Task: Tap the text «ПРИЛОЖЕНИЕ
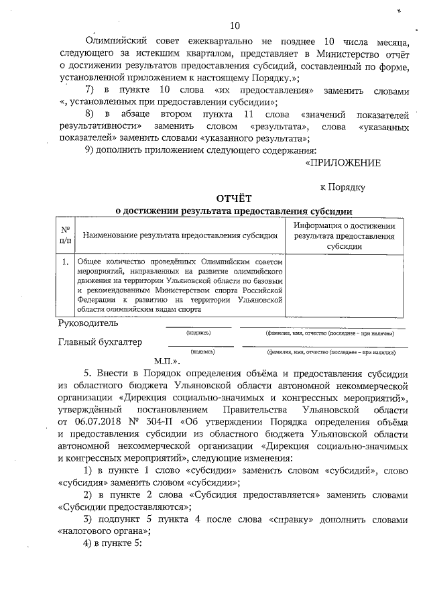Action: [x=343, y=162]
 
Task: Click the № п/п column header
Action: [x=65, y=234]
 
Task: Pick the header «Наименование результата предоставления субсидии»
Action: [x=180, y=235]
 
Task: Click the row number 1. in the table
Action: [x=65, y=261]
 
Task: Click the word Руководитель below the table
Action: [x=89, y=323]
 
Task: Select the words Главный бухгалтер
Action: [x=101, y=343]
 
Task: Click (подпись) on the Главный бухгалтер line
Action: [x=202, y=351]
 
